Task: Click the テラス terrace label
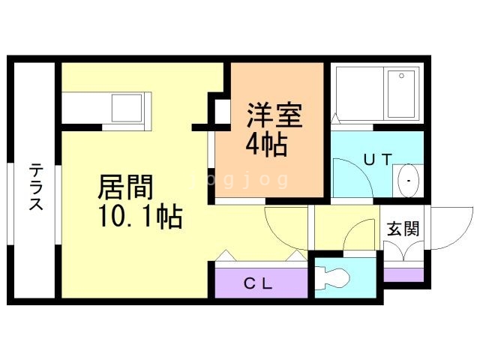[36, 187]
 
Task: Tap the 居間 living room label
[125, 187]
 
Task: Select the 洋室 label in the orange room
[275, 115]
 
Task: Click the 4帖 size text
[266, 145]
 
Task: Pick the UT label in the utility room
[378, 160]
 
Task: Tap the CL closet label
[258, 283]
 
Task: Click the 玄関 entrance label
[403, 228]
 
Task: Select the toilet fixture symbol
[333, 278]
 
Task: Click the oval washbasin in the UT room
[408, 181]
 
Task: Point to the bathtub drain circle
[401, 76]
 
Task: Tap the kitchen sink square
[127, 108]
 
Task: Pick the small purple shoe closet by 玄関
[403, 275]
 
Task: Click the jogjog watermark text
[238, 180]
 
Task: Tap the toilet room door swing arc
[352, 229]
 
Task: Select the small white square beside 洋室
[223, 112]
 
